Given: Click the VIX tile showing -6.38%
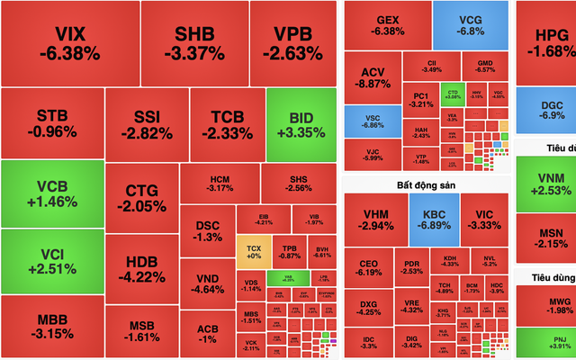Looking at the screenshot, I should (x=70, y=43).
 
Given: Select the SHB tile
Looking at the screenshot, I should (x=194, y=43).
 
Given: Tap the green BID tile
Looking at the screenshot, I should (x=301, y=124).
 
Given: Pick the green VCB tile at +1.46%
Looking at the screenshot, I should (x=51, y=193).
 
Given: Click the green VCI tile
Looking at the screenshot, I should (x=51, y=262).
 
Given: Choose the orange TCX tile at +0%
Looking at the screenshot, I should (x=253, y=251).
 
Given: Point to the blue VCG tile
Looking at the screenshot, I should (x=470, y=24).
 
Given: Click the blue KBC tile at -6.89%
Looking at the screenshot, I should (x=434, y=220).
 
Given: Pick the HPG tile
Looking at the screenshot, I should (x=546, y=42).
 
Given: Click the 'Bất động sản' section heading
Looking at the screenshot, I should (x=427, y=184).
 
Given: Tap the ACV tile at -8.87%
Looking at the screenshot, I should (x=373, y=77).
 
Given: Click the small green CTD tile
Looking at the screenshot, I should (x=453, y=91).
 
